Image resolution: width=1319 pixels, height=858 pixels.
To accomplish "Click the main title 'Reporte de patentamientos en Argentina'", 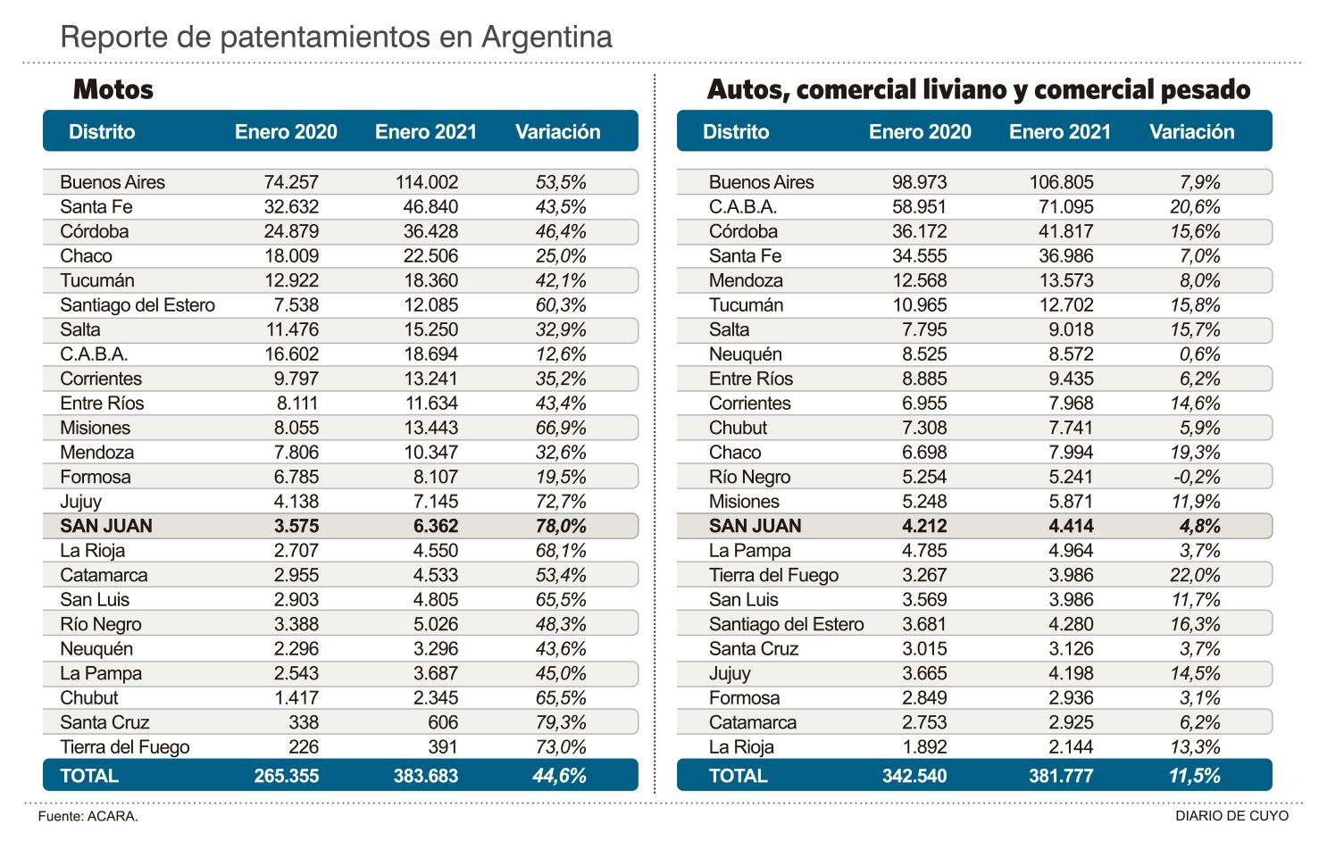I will [x=336, y=37].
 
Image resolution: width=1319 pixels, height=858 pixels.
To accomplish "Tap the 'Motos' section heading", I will [x=113, y=89].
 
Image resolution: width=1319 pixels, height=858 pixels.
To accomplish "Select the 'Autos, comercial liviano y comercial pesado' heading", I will [x=978, y=89].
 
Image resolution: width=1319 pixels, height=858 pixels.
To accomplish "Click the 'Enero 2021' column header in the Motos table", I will [x=426, y=132].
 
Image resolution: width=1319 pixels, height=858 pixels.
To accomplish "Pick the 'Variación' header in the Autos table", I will [x=1191, y=132].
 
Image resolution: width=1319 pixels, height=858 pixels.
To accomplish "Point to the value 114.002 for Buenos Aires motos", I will [x=427, y=182].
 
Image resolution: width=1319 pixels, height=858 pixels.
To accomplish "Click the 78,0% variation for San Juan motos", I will [x=561, y=526].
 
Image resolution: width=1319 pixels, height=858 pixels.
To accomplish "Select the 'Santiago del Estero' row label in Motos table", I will [x=138, y=305].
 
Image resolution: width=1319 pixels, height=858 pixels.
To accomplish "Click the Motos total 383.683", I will [x=426, y=776].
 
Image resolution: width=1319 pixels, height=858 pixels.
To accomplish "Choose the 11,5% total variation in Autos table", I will [x=1194, y=776].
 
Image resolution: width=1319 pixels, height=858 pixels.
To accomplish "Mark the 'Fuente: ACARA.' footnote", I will [x=88, y=816].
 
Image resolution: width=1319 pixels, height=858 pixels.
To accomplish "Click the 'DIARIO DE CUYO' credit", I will [x=1231, y=816].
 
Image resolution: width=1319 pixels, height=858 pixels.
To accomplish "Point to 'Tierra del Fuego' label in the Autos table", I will [x=773, y=575].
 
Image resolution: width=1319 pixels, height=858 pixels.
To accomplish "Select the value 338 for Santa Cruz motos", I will [x=304, y=722].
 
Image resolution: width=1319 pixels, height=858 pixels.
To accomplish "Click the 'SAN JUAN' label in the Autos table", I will [x=755, y=526].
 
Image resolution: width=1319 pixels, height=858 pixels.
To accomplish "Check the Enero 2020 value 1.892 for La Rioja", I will [x=924, y=747].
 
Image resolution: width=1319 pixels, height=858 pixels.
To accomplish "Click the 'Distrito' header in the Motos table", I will [x=102, y=132].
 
